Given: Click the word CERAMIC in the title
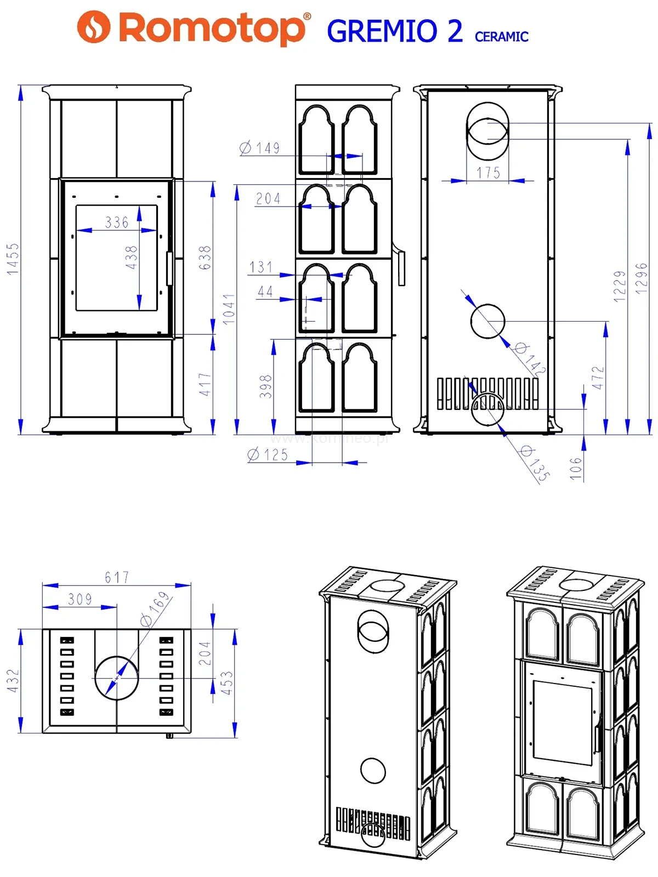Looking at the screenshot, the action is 501,37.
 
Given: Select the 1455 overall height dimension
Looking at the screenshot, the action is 13,259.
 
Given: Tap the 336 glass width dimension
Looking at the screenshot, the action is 117,222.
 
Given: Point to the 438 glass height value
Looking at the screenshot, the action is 131,257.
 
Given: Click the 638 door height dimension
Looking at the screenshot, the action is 205,257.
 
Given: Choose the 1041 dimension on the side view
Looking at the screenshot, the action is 229,309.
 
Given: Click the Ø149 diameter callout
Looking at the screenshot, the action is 260,148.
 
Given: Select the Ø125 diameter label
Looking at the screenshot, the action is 267,455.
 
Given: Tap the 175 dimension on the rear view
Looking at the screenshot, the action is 488,173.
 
